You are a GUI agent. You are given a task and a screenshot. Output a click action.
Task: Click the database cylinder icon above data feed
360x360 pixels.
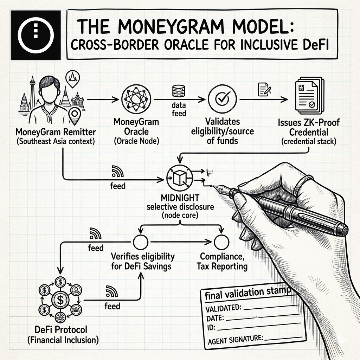pos(176,91)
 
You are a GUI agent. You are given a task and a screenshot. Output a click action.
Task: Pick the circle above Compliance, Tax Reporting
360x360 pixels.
pos(221,242)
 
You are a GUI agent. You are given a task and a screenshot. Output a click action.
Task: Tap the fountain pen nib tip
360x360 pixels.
pos(213,186)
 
